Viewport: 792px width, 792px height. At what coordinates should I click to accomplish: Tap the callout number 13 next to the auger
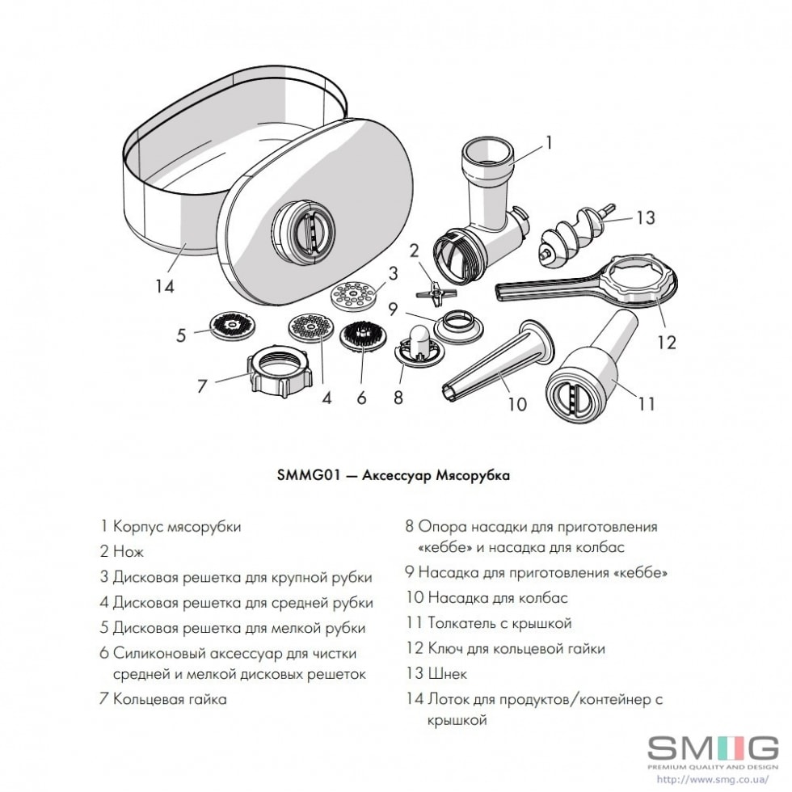pyautogui.click(x=645, y=217)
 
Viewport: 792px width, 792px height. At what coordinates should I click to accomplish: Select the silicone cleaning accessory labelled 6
pyautogui.click(x=361, y=336)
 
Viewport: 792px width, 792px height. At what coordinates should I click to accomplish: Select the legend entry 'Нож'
pyautogui.click(x=128, y=551)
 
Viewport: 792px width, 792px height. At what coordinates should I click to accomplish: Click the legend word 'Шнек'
pyautogui.click(x=448, y=673)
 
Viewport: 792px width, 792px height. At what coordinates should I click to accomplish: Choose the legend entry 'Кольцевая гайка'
pyautogui.click(x=170, y=699)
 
